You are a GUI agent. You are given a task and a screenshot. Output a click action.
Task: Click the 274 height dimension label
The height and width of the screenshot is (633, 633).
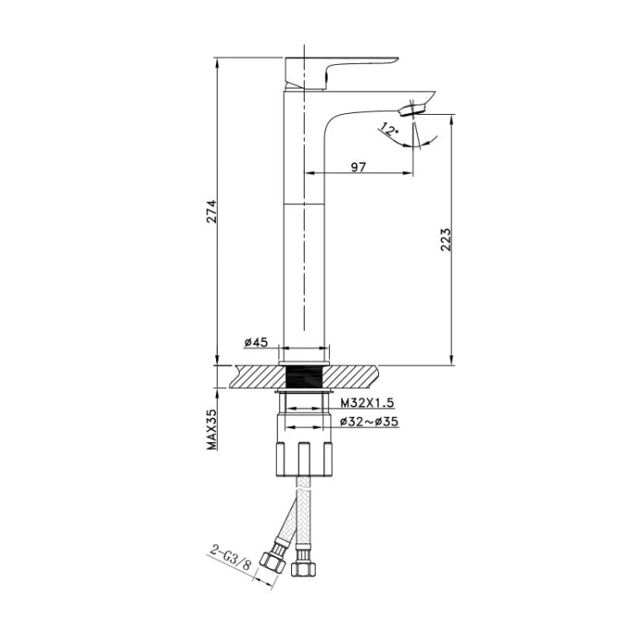point(212,211)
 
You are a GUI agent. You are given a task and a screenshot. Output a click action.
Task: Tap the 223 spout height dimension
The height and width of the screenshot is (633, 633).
point(446,240)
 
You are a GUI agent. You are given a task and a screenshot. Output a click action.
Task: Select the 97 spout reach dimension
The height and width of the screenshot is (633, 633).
point(358,167)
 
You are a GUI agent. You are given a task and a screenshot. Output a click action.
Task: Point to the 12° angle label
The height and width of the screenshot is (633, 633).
point(388,129)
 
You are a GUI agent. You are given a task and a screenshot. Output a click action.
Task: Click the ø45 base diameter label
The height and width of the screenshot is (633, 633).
point(256,343)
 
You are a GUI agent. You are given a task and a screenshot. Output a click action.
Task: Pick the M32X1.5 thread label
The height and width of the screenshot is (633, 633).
point(367,403)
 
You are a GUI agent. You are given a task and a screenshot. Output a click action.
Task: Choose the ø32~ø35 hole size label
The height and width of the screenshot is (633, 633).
point(369,421)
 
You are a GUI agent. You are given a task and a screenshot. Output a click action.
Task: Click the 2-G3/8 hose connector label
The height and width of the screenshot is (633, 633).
point(230,558)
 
